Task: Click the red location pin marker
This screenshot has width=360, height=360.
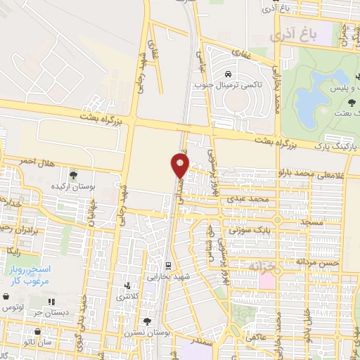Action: (x=180, y=166)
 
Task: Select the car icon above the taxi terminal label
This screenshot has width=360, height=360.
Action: (x=228, y=73)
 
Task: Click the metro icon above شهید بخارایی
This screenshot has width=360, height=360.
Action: (x=168, y=265)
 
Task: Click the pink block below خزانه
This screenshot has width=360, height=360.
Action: (x=268, y=280)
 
